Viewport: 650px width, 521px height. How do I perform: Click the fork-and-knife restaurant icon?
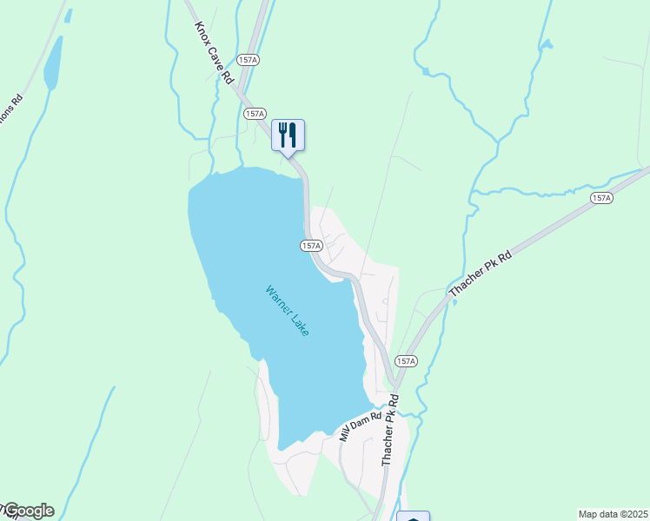tap(288, 135)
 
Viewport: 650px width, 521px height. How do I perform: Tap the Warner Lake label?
tap(287, 312)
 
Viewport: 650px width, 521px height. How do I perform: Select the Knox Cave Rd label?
tap(215, 53)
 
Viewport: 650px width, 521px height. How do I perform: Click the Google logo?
tap(28, 511)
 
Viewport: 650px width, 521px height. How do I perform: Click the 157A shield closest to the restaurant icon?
tap(255, 114)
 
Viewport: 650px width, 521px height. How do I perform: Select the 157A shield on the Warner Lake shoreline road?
tap(313, 246)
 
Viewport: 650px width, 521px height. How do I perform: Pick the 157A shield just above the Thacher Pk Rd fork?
tap(406, 360)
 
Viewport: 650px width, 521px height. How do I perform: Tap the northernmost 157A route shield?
tap(249, 59)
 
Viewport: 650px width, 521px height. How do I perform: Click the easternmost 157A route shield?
tap(601, 198)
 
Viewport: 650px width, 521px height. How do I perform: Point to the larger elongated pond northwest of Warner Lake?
tap(52, 63)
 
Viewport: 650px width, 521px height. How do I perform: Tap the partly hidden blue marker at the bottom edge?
tap(413, 518)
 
